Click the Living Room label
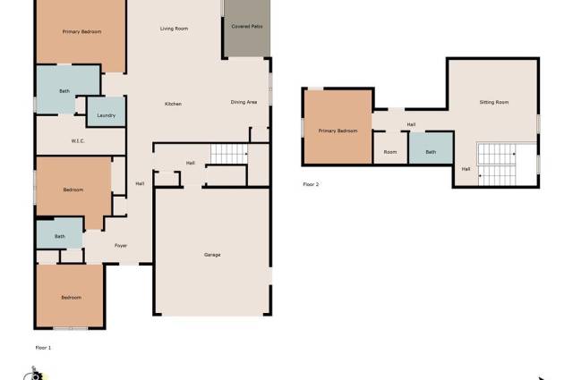(174, 29)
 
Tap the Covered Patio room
(247, 28)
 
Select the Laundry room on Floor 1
(107, 112)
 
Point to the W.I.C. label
(78, 141)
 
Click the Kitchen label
(173, 104)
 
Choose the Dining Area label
(244, 102)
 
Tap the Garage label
(212, 255)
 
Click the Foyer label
(121, 246)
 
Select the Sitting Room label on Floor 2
(494, 102)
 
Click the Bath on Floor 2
(431, 148)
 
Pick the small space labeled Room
(390, 148)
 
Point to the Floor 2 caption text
(311, 184)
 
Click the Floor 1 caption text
(43, 348)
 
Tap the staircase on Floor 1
(229, 154)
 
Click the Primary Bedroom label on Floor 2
(338, 131)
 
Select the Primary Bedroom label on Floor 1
(81, 32)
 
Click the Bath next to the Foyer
(60, 232)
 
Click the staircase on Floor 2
(497, 165)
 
